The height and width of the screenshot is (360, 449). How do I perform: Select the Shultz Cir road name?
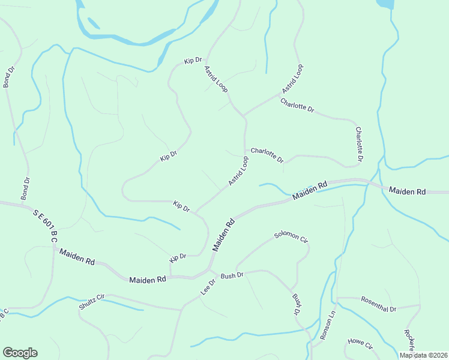pos(92,302)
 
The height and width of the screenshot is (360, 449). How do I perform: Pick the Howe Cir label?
pos(360,344)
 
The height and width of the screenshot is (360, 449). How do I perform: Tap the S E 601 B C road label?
pos(45,226)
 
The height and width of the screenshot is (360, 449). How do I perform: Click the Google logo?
pos(20,353)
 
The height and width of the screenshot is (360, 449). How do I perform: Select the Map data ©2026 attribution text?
pos(423,355)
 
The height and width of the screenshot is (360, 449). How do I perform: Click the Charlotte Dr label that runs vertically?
pos(359,144)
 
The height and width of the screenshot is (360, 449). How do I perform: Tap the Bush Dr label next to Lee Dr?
pos(232,275)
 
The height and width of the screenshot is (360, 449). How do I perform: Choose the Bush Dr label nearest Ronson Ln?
pos(296,304)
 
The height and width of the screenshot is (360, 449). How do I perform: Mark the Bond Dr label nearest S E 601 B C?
pos(25,188)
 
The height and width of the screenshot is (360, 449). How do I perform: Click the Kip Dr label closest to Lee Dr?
pos(178,257)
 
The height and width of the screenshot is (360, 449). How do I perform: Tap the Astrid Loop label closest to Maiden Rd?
pos(238,170)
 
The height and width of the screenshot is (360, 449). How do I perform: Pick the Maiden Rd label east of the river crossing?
pos(407,191)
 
